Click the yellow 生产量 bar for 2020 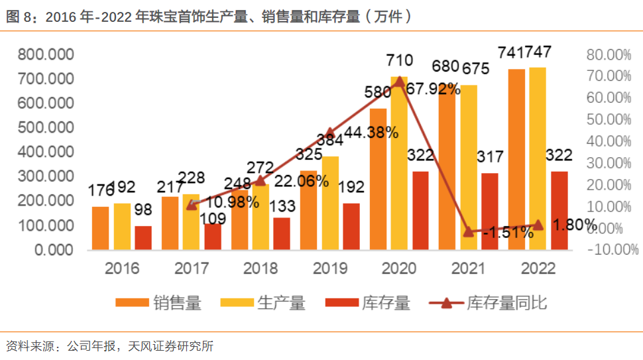click(399, 166)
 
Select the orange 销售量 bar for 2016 click(101, 228)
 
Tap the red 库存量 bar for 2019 click(351, 226)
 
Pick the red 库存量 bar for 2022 click(559, 210)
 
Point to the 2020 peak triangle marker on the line click(399, 81)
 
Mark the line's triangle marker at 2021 click(469, 231)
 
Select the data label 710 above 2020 click(400, 61)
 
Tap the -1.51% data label click(508, 232)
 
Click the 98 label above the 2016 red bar click(143, 210)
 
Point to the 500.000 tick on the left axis click(46, 127)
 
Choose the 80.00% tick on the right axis click(609, 54)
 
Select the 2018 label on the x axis click(261, 269)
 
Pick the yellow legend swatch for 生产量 click(236, 304)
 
